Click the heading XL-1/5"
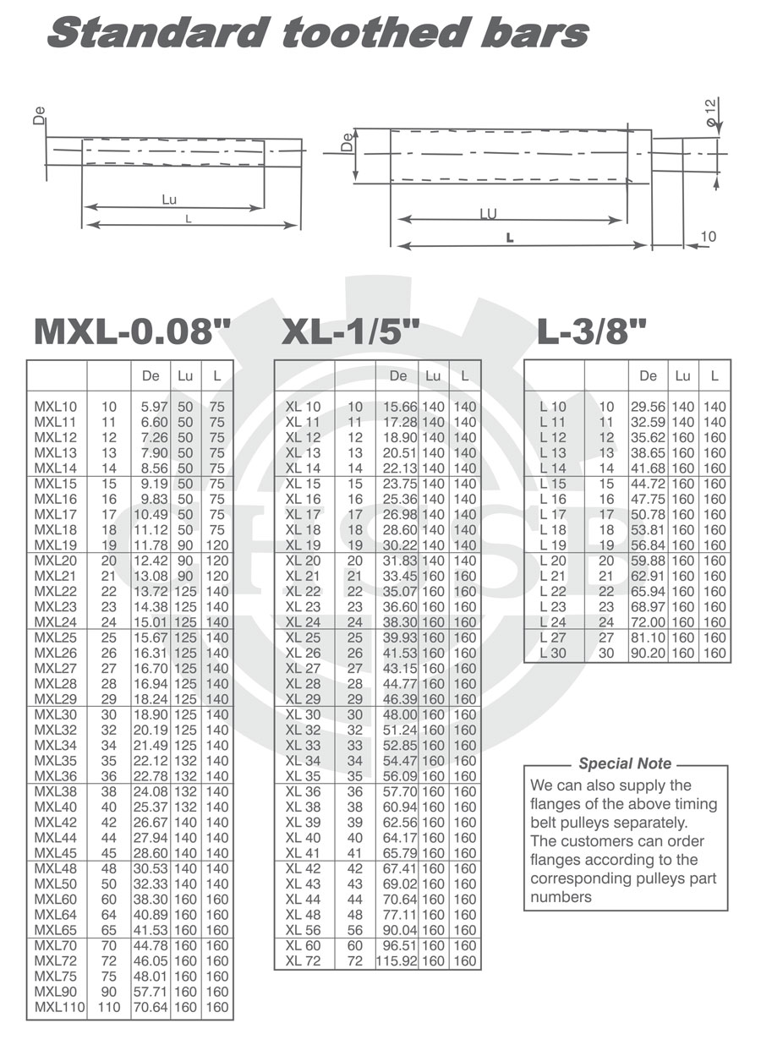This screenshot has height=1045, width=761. [350, 331]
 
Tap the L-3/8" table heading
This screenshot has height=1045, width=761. [592, 331]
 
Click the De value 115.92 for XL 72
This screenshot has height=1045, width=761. [397, 961]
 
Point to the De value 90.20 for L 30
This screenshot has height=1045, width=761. [648, 654]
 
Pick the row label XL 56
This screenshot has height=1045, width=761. [303, 930]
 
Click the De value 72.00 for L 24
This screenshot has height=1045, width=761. [648, 622]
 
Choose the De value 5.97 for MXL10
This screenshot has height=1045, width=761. [151, 407]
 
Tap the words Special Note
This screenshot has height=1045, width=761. [625, 763]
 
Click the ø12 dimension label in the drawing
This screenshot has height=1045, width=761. [712, 112]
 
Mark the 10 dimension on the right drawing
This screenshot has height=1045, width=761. [708, 237]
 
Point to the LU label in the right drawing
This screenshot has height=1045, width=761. [488, 215]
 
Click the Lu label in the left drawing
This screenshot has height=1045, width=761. [169, 200]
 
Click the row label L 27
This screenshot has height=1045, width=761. [553, 637]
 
